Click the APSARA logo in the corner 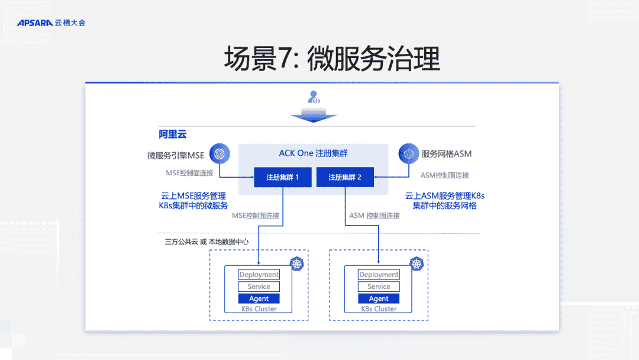click(51, 22)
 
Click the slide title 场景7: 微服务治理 click(332, 59)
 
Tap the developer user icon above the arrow click(314, 97)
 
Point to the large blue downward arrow click(314, 115)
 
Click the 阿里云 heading click(172, 134)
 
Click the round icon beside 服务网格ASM click(408, 154)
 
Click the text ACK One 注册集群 click(313, 153)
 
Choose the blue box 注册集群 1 click(282, 177)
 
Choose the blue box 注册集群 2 click(344, 177)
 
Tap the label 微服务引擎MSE click(176, 155)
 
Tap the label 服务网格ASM click(447, 154)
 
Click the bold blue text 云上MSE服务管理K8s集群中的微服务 click(193, 201)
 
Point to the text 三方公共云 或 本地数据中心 click(206, 242)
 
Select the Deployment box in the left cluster click(259, 275)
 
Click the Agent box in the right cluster click(379, 298)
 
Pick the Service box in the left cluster click(259, 287)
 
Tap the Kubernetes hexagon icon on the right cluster click(417, 264)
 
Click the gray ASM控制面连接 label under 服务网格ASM click(444, 175)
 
